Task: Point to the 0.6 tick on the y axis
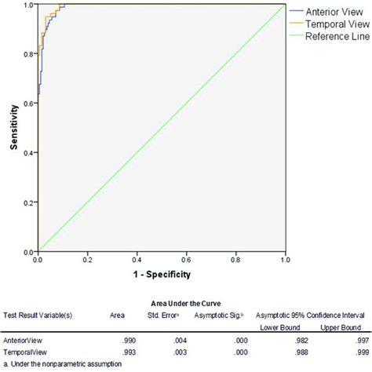point(27,103)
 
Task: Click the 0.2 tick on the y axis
point(27,202)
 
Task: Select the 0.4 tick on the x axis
point(137,257)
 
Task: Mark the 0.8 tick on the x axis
point(236,257)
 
